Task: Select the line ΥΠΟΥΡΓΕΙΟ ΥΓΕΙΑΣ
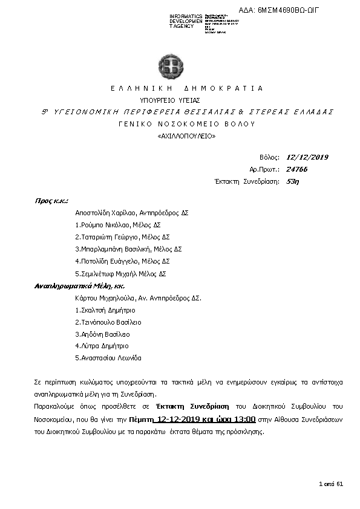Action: click(x=170, y=100)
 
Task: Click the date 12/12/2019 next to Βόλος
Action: click(x=307, y=157)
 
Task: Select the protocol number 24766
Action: click(x=296, y=169)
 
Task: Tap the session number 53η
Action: click(x=292, y=181)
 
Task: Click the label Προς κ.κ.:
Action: click(x=51, y=200)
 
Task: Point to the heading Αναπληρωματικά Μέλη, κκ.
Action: click(x=71, y=285)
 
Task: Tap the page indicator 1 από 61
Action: click(x=331, y=484)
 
